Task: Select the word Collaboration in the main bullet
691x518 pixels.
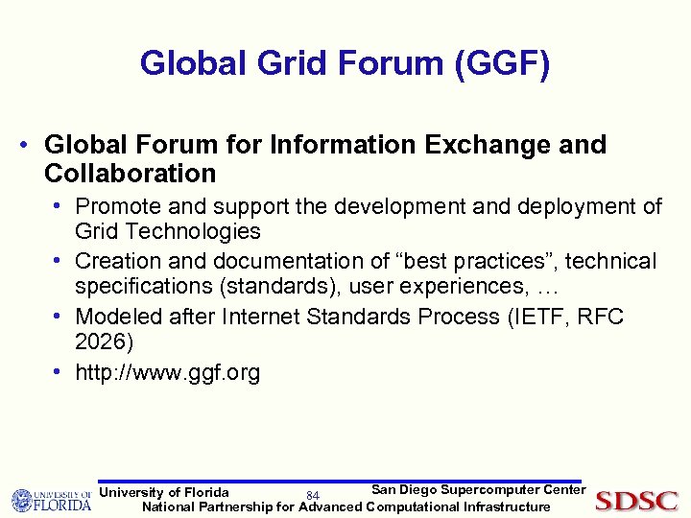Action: pos(130,174)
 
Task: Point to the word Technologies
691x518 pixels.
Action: pos(194,231)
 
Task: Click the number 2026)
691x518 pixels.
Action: pos(106,342)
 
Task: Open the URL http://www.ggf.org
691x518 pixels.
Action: pos(167,372)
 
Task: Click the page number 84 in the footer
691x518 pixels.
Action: pos(312,495)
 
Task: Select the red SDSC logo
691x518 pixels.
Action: pos(636,500)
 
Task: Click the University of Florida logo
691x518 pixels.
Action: pos(51,501)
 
